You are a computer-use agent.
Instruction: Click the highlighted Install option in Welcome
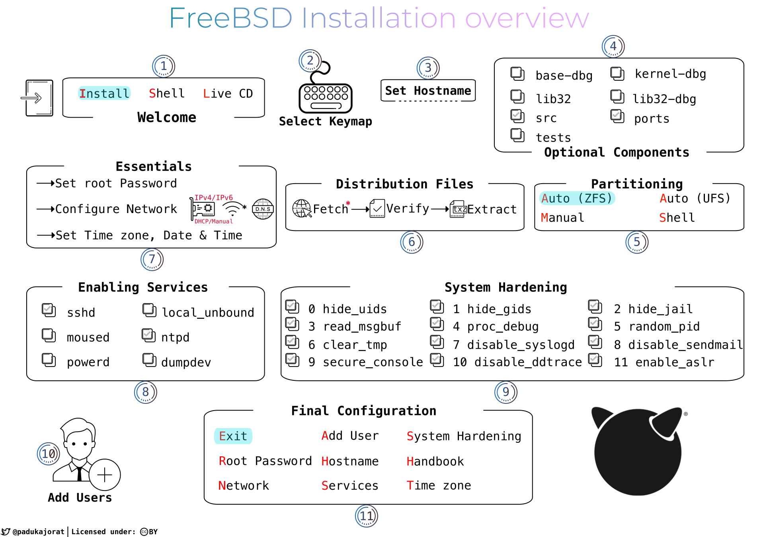[104, 93]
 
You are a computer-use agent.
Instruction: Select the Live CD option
[228, 93]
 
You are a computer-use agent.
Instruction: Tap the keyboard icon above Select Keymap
[326, 98]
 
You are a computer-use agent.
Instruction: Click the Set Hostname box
[428, 91]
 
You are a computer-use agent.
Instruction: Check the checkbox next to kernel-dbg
[617, 74]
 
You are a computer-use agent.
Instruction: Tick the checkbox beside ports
[617, 116]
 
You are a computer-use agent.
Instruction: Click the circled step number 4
[613, 46]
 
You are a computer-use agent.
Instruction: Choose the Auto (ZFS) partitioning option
[577, 198]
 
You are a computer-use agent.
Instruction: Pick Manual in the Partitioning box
[562, 217]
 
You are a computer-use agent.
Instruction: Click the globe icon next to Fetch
[302, 208]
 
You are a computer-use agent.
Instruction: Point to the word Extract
[492, 209]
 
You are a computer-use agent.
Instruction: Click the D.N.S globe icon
[263, 209]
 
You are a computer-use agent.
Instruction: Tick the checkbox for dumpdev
[150, 360]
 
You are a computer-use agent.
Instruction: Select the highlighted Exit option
[233, 436]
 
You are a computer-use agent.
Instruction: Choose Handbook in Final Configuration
[435, 461]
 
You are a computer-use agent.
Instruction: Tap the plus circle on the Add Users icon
[105, 475]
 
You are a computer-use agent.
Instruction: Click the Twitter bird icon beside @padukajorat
[6, 531]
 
